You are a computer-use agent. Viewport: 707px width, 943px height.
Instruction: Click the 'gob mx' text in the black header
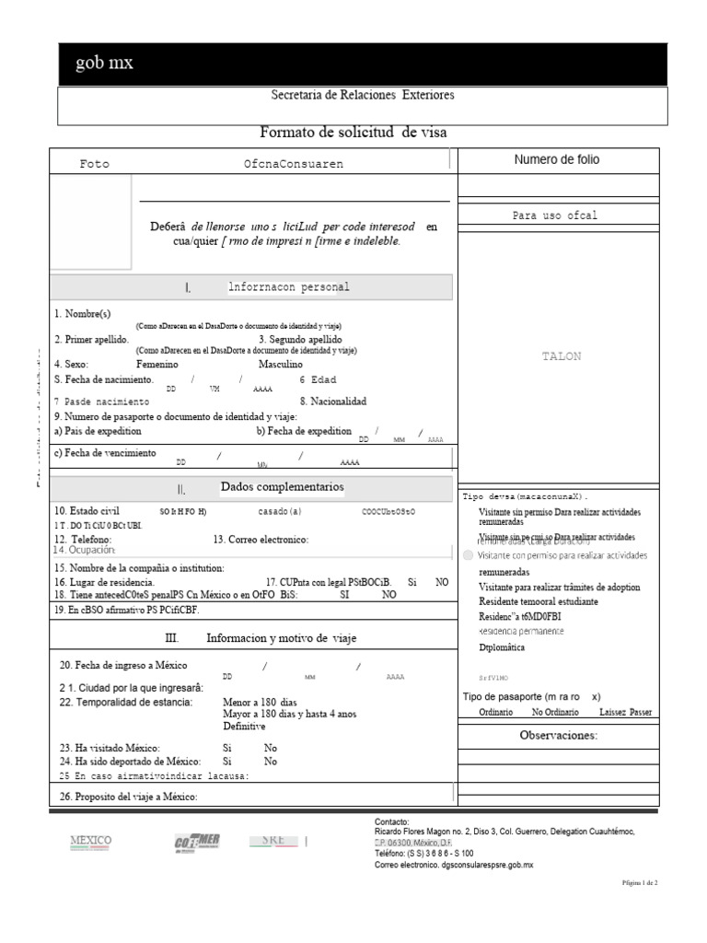click(104, 64)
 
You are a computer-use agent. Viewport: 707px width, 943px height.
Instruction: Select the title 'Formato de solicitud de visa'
click(353, 133)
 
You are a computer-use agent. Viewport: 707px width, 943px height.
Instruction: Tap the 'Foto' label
click(94, 164)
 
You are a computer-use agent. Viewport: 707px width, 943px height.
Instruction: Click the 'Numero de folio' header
click(556, 160)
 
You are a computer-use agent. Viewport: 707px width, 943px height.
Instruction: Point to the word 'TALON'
click(562, 356)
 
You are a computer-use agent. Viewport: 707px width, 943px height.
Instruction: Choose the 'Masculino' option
click(280, 364)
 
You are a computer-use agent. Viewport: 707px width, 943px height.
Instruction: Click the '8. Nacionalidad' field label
click(332, 402)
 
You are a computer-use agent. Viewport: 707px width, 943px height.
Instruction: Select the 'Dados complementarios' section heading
click(282, 486)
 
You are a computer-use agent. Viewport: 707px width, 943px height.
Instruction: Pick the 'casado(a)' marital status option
click(279, 511)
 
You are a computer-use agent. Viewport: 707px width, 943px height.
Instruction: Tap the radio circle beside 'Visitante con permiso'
click(469, 555)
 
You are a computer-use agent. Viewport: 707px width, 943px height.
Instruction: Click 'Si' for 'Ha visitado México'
click(227, 748)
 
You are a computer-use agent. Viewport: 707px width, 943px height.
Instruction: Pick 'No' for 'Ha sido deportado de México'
click(270, 762)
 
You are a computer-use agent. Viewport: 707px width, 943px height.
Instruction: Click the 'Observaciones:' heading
click(558, 735)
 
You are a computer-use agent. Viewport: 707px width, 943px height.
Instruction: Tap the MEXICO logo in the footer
click(91, 841)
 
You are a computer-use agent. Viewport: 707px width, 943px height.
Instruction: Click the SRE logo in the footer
click(273, 841)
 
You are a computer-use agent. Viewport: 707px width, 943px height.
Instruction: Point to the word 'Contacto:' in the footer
click(392, 821)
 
